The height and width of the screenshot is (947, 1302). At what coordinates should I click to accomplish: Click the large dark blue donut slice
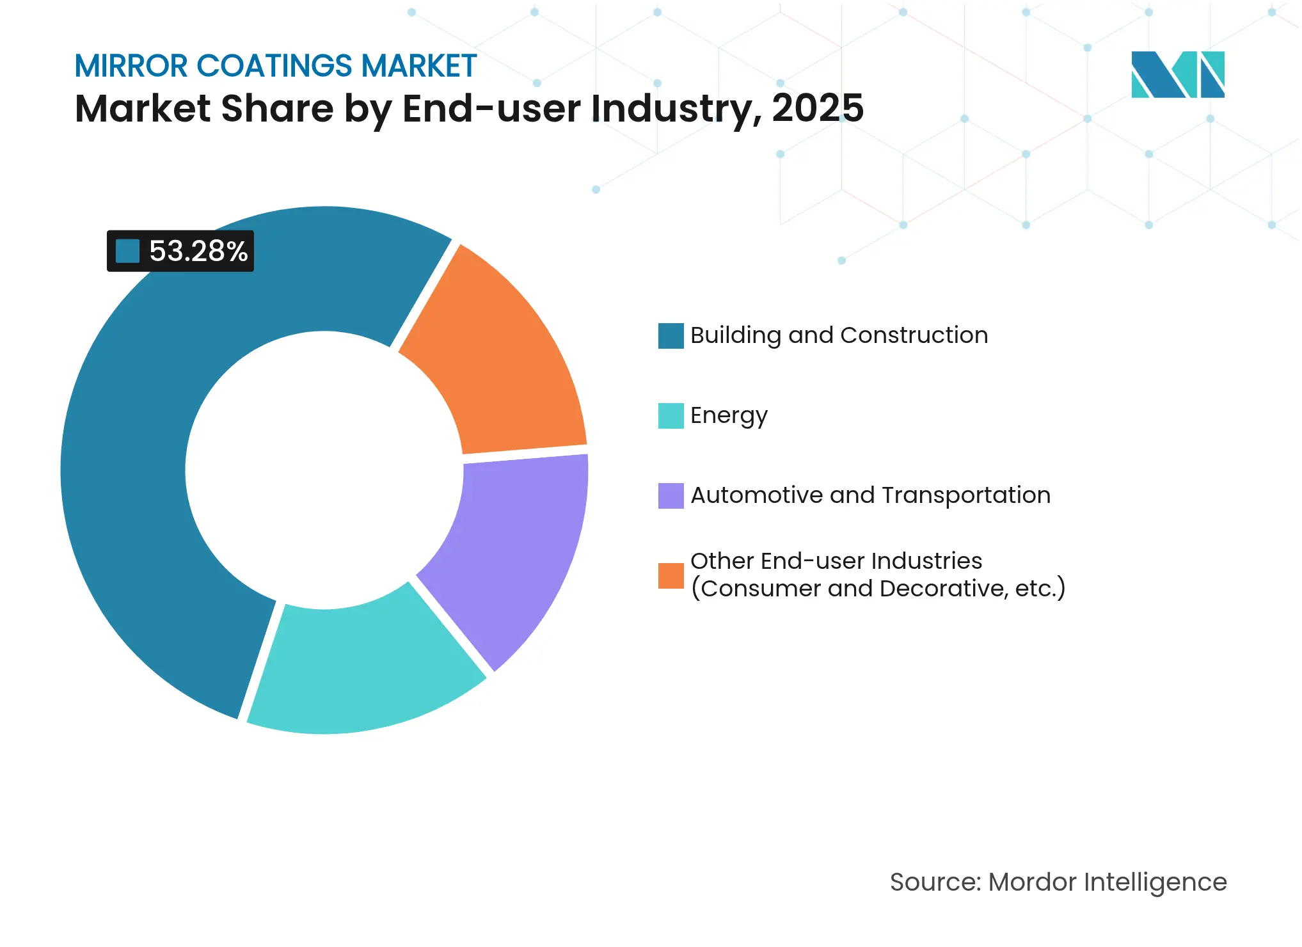147,473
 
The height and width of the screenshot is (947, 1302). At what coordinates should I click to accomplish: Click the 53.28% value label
198,251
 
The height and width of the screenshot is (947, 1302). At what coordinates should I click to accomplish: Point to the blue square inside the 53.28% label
127,251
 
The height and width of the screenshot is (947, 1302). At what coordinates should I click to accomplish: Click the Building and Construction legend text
839,335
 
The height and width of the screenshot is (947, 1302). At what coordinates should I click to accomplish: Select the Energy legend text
729,416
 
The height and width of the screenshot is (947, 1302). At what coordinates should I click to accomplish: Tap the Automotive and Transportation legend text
870,495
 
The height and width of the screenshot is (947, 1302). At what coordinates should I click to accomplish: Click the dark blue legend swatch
671,336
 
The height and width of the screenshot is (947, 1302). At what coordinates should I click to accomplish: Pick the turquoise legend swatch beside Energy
671,416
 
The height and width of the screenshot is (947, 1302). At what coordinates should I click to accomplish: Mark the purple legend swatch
671,496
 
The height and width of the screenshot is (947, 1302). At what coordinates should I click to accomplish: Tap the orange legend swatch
671,575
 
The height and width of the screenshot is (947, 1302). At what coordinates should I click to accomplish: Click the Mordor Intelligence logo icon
1177,74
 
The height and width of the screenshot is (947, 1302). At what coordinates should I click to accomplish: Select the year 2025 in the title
818,108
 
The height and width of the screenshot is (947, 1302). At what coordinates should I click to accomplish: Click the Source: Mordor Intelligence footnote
1058,882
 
